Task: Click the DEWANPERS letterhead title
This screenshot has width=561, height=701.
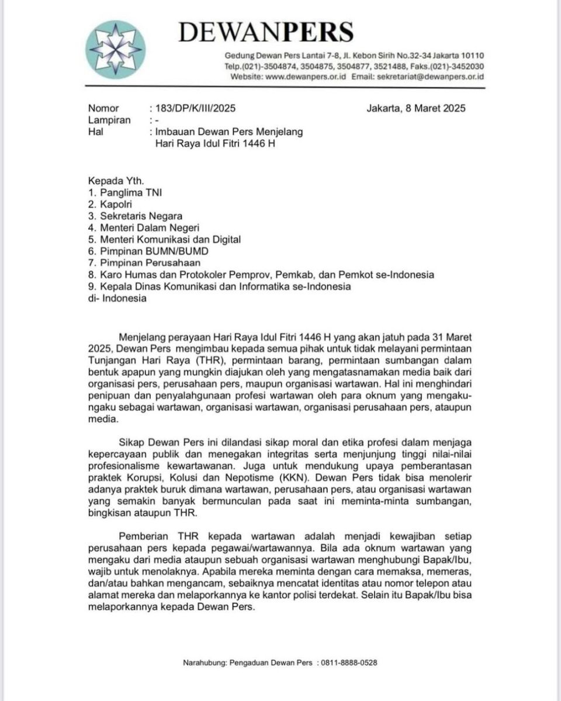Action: point(266,32)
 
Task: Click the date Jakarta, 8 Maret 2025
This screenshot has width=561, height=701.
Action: point(416,108)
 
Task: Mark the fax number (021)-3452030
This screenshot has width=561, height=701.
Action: point(459,67)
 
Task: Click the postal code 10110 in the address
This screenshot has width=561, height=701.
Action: point(472,56)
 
